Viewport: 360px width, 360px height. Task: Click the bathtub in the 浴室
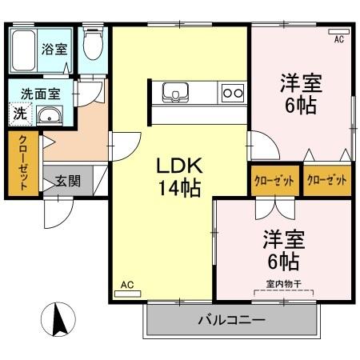(24, 50)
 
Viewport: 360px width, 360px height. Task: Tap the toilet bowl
(93, 44)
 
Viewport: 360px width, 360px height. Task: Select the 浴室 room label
(54, 49)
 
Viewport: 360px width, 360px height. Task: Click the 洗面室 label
(41, 94)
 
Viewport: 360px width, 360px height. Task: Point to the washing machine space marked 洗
(20, 114)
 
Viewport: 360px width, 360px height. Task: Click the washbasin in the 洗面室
(50, 115)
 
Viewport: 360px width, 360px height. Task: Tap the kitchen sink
(175, 92)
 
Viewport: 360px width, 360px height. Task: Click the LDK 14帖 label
(179, 177)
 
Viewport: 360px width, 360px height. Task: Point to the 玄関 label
(68, 181)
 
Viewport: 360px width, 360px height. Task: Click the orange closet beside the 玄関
(23, 163)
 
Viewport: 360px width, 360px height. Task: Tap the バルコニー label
(231, 320)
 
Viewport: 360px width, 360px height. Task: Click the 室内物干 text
(284, 284)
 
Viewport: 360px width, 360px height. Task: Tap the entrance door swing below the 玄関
(58, 213)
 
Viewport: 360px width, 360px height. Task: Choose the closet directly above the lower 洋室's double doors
(275, 181)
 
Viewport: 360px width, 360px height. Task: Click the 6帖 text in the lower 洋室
(283, 262)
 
